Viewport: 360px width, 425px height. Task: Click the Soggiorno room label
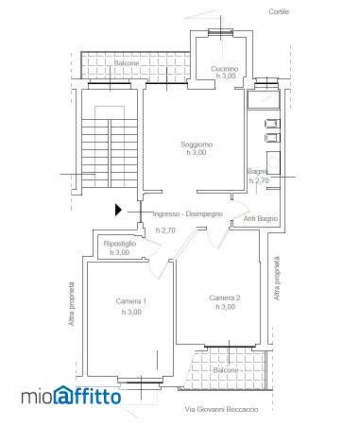click(x=197, y=144)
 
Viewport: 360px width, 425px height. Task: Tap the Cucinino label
click(x=225, y=69)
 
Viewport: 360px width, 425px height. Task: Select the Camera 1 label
click(x=131, y=301)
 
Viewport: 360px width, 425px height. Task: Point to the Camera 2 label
click(x=225, y=297)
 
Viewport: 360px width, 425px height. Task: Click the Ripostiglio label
click(x=120, y=244)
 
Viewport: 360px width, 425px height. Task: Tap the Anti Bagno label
click(x=261, y=218)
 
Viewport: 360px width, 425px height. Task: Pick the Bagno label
click(x=258, y=172)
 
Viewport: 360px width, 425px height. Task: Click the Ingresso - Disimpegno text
click(x=188, y=214)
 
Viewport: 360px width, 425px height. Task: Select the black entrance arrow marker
click(x=118, y=210)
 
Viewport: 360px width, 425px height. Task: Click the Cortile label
click(x=279, y=11)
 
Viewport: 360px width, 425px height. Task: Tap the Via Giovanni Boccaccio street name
click(x=222, y=410)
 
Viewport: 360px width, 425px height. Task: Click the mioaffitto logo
click(x=71, y=396)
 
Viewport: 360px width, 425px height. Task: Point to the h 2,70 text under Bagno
click(x=259, y=180)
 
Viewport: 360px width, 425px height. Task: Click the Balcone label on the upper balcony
click(x=127, y=63)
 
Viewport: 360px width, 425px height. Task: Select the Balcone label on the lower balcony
click(x=226, y=370)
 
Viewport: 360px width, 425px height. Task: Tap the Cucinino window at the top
click(x=220, y=31)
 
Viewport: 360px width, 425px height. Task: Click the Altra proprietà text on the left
click(x=72, y=304)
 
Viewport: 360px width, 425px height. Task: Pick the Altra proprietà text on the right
click(x=277, y=279)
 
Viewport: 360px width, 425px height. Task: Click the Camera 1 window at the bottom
click(x=141, y=382)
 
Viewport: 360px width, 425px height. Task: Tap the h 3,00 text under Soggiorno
click(x=197, y=152)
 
